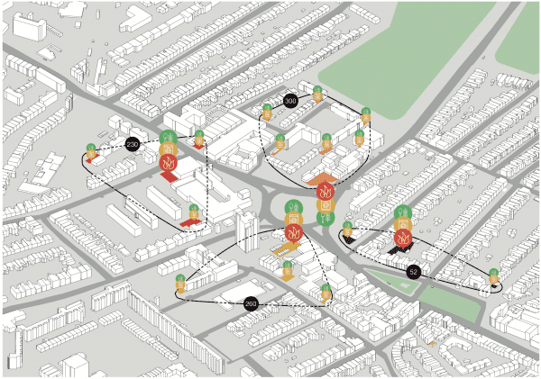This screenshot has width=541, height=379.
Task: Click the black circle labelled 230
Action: click(133, 144)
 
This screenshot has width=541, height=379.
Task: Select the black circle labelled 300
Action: click(290, 101)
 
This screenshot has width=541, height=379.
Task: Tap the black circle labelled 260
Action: click(251, 304)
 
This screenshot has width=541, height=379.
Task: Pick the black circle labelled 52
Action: click(413, 271)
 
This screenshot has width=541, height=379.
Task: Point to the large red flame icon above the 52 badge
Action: click(404, 238)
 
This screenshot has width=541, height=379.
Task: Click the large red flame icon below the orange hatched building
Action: click(293, 233)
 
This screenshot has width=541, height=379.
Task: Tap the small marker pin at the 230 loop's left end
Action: click(90, 151)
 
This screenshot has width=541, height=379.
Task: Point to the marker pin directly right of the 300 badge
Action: click(317, 93)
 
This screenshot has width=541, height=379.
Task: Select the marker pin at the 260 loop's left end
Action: click(180, 282)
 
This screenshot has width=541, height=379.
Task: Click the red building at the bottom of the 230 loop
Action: click(189, 216)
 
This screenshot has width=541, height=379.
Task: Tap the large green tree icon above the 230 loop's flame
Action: click(167, 139)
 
